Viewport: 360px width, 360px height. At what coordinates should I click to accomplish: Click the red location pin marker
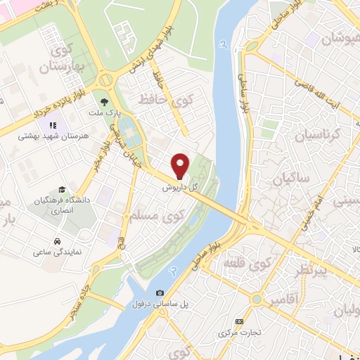pos(181,166)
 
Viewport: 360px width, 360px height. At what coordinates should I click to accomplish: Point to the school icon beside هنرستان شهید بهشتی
pos(56,125)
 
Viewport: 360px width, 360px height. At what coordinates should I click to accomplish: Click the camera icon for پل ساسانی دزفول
pos(160,292)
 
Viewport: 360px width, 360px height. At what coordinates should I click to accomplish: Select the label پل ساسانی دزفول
pos(160,304)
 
